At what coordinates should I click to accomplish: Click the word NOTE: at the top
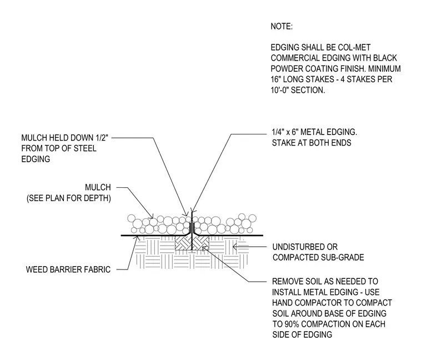click(282, 26)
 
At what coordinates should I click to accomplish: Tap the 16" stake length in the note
click(275, 79)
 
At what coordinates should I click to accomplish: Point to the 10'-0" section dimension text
click(279, 90)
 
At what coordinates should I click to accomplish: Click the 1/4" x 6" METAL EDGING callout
click(314, 132)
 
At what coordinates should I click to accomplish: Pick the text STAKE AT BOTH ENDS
click(312, 143)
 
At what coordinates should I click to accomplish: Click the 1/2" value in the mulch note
click(102, 138)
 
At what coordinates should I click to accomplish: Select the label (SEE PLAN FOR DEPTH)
click(69, 198)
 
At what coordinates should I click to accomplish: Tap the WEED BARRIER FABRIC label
click(68, 269)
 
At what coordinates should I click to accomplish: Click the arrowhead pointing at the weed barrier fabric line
click(138, 237)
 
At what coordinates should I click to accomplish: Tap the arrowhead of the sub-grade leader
click(234, 246)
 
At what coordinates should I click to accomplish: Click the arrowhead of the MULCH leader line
click(152, 216)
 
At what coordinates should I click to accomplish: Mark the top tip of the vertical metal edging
click(192, 208)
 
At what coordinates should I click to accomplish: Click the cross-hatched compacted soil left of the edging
click(183, 243)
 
